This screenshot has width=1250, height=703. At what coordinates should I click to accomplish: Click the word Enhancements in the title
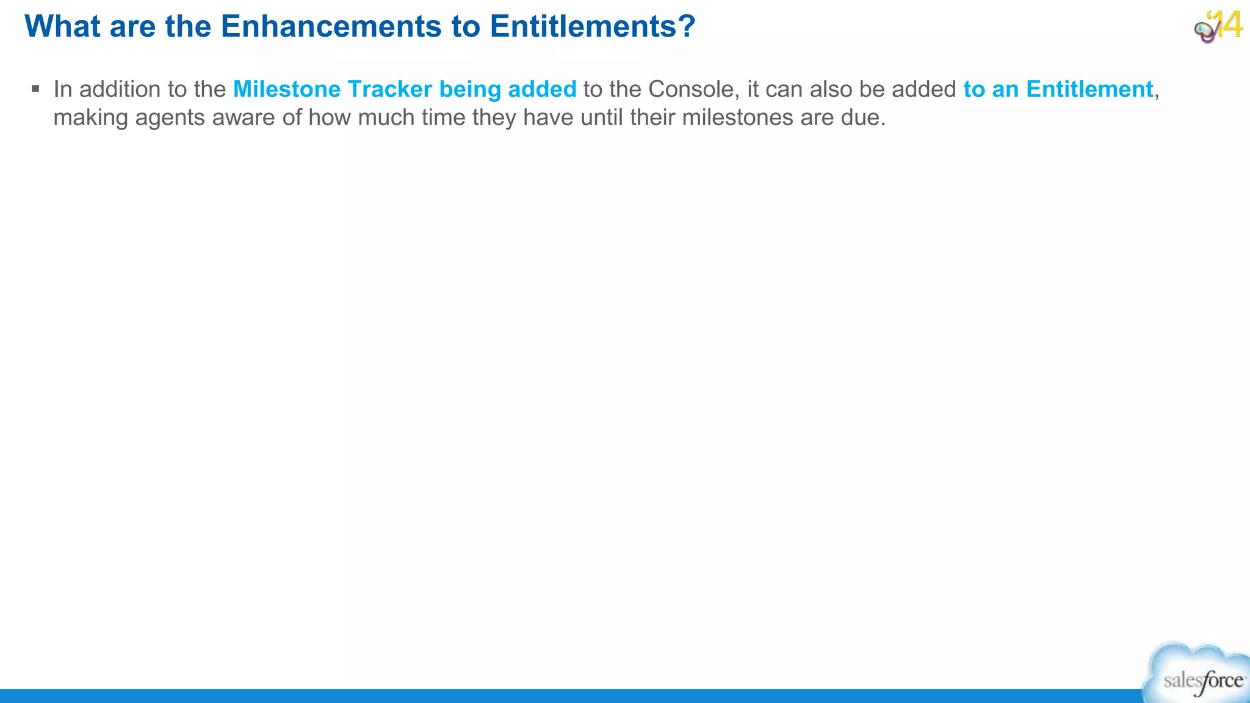click(331, 27)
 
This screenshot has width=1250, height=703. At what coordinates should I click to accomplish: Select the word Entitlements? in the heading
click(592, 27)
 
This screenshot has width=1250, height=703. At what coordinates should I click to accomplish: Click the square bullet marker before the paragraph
click(35, 89)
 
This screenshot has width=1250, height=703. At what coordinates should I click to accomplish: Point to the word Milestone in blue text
click(287, 89)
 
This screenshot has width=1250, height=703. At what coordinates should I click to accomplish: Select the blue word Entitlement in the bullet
click(1089, 89)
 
